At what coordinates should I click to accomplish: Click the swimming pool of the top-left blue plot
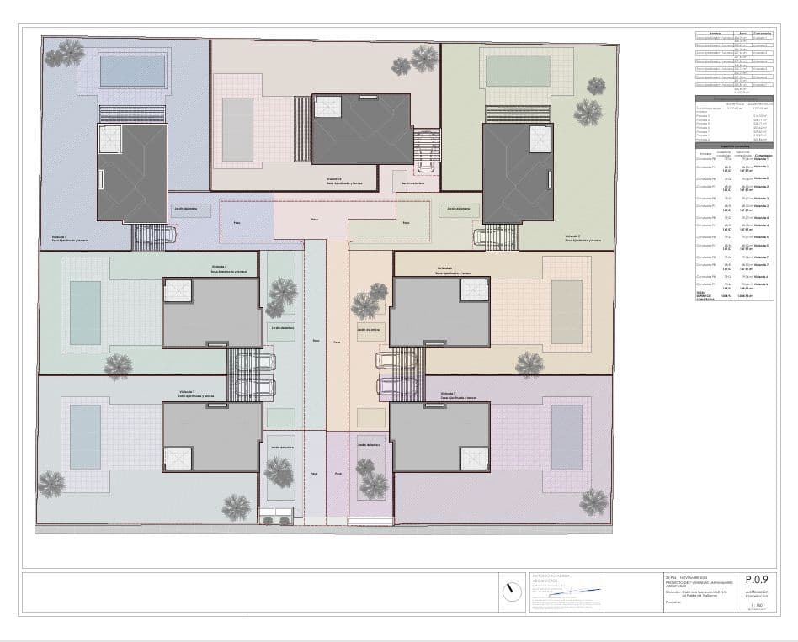click(x=132, y=71)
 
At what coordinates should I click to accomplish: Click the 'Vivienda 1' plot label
click(x=187, y=392)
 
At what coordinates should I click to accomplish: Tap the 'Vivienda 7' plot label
click(x=449, y=393)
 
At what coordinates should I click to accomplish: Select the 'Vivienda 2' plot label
click(x=220, y=268)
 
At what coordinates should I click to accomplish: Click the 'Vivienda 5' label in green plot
click(x=576, y=236)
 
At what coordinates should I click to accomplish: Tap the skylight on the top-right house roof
click(x=540, y=140)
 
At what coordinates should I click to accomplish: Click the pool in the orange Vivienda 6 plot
click(x=566, y=311)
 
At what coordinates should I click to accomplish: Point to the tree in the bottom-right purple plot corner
click(x=593, y=502)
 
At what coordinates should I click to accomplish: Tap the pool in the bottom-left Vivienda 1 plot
click(x=85, y=437)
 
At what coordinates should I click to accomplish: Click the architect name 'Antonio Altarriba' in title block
click(x=551, y=576)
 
